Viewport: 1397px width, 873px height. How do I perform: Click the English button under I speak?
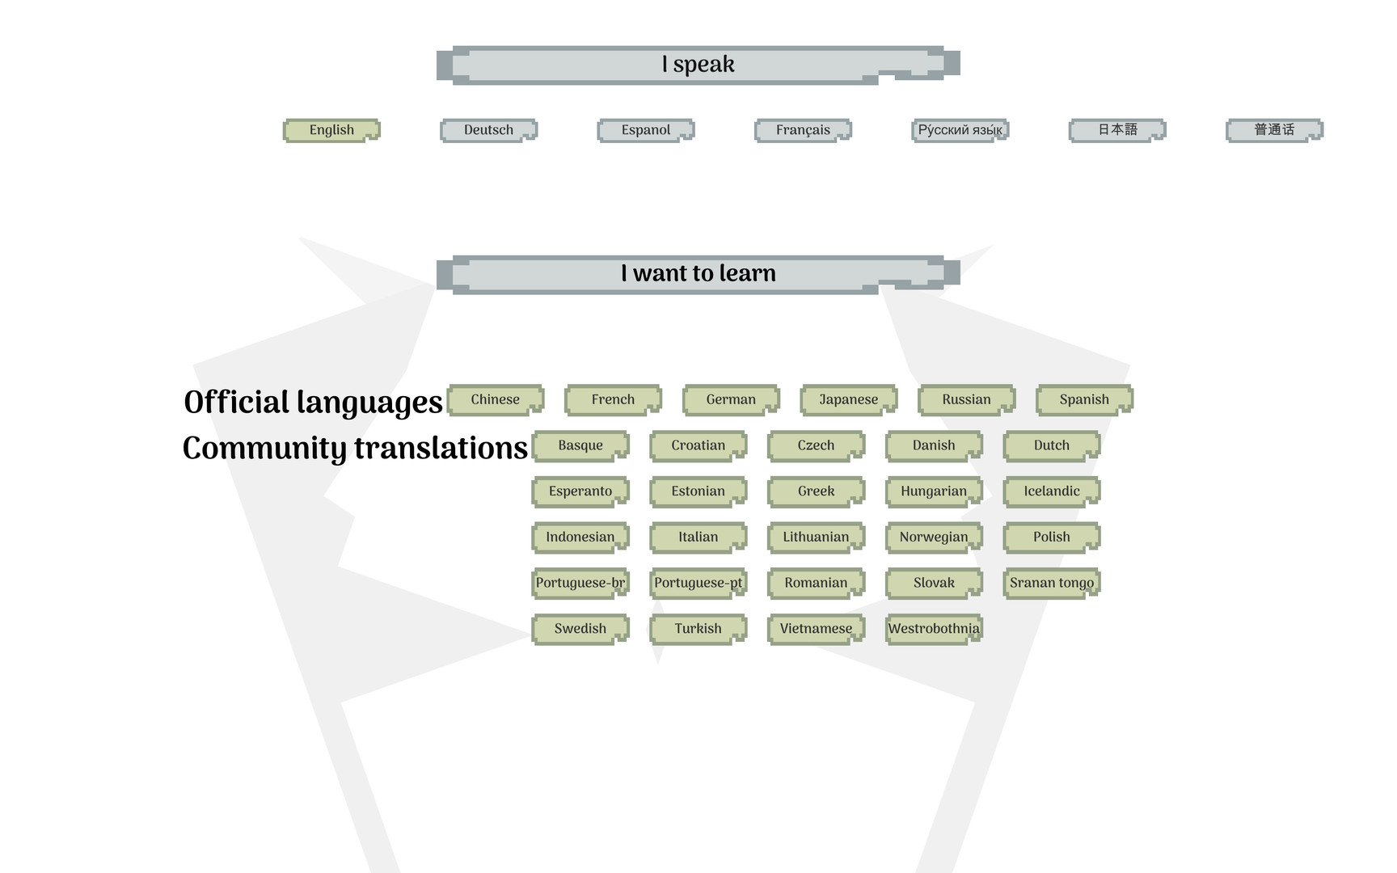pyautogui.click(x=331, y=130)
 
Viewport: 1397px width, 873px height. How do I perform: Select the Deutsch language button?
pyautogui.click(x=488, y=130)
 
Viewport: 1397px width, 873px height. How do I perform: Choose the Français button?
pyautogui.click(x=803, y=130)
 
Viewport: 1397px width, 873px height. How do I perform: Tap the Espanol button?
pyautogui.click(x=646, y=130)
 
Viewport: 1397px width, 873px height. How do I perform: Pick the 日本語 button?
pyautogui.click(x=1117, y=130)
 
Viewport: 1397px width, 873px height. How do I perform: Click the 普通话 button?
pyautogui.click(x=1274, y=130)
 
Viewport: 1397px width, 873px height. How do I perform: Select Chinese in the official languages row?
pyautogui.click(x=496, y=399)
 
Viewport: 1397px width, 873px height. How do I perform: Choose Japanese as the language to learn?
pyautogui.click(x=848, y=399)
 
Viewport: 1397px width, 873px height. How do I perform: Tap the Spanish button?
pyautogui.click(x=1084, y=399)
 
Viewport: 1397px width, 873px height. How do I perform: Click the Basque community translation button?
pyautogui.click(x=580, y=445)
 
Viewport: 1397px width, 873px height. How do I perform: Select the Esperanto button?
pyautogui.click(x=580, y=491)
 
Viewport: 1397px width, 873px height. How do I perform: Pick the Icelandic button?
pyautogui.click(x=1052, y=491)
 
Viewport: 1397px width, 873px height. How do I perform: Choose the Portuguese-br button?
pyautogui.click(x=580, y=583)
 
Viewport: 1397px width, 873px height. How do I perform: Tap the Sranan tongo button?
pyautogui.click(x=1052, y=583)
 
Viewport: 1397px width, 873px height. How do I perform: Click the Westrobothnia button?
pyautogui.click(x=934, y=629)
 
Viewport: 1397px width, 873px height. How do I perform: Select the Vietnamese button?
pyautogui.click(x=816, y=629)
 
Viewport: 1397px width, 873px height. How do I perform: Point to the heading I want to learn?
pyautogui.click(x=698, y=274)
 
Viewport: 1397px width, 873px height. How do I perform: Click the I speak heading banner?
pyautogui.click(x=698, y=65)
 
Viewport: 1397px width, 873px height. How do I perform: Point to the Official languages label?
pyautogui.click(x=313, y=403)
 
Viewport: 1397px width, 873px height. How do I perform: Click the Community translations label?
pyautogui.click(x=355, y=449)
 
